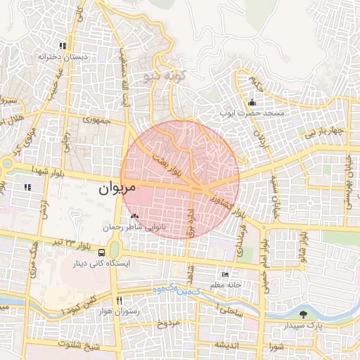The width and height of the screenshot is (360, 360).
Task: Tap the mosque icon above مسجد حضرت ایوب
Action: click(252, 103)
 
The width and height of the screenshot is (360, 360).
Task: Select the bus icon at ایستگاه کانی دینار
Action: click(103, 252)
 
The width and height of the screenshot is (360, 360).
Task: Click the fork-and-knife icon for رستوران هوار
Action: click(118, 299)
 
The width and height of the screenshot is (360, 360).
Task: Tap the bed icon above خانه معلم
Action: click(225, 274)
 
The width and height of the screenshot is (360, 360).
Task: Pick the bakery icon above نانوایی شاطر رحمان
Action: click(135, 216)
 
